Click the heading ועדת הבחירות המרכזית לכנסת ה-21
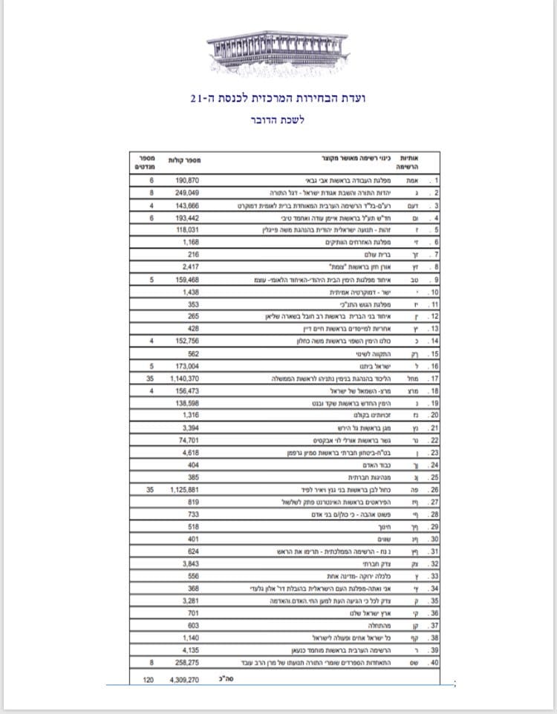click(x=278, y=98)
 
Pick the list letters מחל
click(x=411, y=379)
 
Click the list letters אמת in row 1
click(x=410, y=180)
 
